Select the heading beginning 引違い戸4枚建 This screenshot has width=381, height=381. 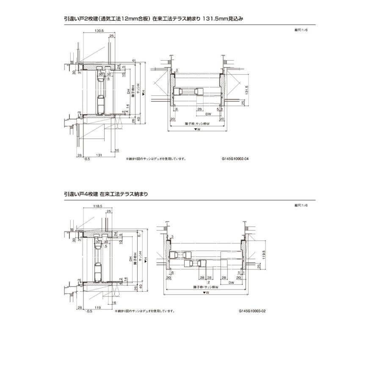106,193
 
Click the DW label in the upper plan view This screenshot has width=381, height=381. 208,114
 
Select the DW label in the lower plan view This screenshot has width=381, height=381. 232,282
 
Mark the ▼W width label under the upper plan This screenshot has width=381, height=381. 197,130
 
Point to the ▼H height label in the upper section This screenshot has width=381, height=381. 144,92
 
